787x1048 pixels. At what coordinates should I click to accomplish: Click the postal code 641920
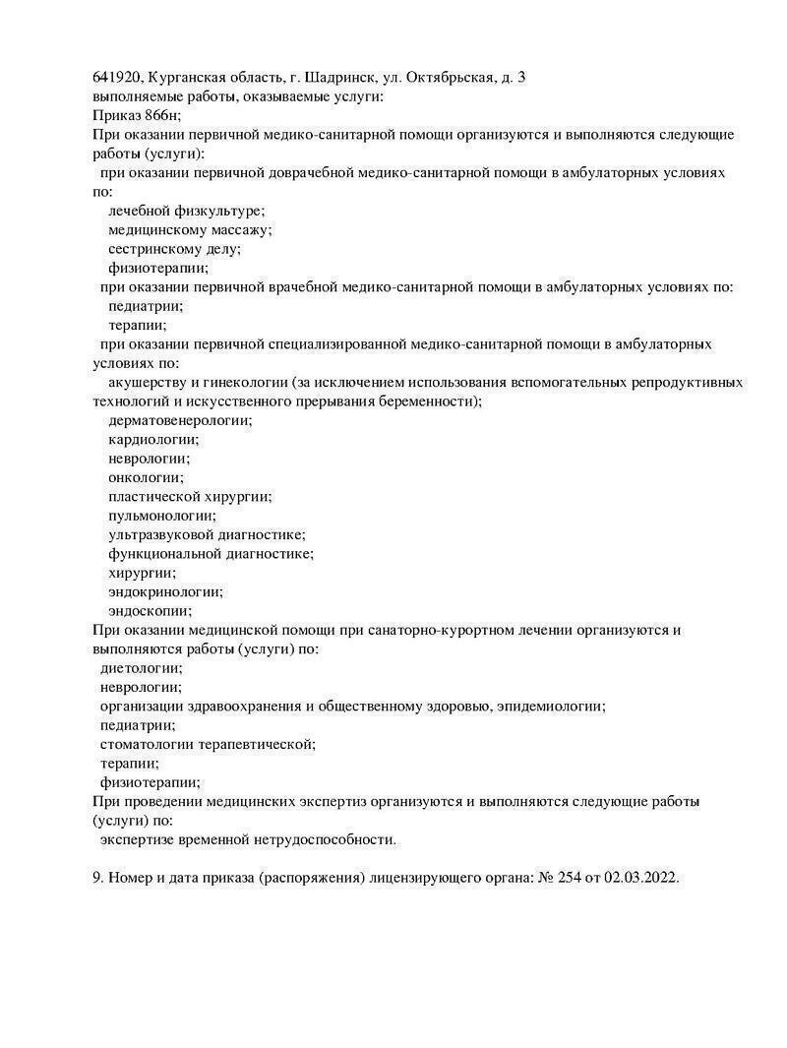point(117,77)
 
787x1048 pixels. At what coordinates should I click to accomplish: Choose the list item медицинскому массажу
point(190,229)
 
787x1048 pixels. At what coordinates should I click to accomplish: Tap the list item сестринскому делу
point(174,248)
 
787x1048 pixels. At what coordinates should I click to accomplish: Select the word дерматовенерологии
point(180,420)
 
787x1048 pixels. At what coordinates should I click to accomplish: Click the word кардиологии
point(153,439)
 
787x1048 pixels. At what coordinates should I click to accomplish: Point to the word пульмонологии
point(162,516)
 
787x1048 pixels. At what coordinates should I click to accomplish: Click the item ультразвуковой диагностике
point(207,534)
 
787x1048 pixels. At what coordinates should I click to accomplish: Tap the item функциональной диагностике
point(211,554)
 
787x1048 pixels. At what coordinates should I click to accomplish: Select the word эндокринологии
point(165,591)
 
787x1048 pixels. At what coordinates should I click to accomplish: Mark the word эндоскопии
point(151,611)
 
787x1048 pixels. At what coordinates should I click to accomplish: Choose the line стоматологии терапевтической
point(208,744)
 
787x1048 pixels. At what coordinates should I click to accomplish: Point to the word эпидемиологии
point(551,706)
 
